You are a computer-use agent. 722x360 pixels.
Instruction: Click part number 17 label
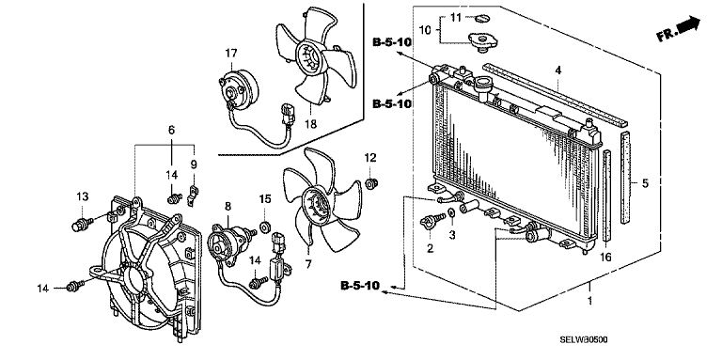[x=230, y=53]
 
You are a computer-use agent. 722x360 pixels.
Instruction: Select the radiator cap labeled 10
[x=481, y=42]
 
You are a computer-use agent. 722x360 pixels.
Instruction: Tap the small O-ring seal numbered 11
[x=481, y=19]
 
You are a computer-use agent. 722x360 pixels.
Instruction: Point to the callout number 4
[x=558, y=70]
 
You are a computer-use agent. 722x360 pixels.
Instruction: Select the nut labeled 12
[x=370, y=184]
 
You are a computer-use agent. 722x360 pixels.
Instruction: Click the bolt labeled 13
[x=82, y=225]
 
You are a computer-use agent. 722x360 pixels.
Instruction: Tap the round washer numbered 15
[x=265, y=227]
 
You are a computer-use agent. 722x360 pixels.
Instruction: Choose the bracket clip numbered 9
[x=193, y=195]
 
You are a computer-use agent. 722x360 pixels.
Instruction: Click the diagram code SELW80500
[x=584, y=339]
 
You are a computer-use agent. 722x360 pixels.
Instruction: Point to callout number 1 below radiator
[x=589, y=303]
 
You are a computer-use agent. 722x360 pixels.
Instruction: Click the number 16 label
[x=606, y=258]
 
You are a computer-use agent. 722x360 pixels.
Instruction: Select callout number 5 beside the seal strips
[x=645, y=183]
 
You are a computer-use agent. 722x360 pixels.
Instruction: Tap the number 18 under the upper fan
[x=311, y=124]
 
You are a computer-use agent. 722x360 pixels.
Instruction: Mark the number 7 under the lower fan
[x=308, y=264]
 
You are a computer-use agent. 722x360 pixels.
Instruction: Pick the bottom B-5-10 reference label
[x=360, y=286]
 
